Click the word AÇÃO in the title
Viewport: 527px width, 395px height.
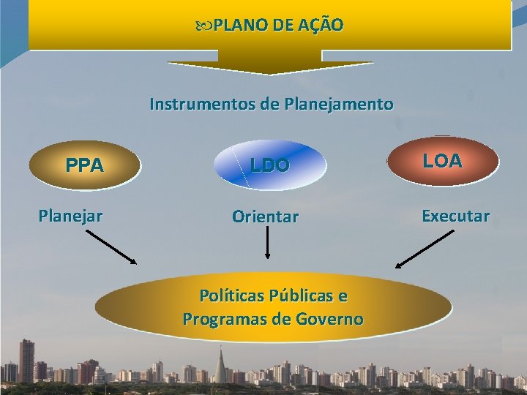[321, 26]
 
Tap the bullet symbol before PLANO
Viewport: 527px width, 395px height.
[203, 26]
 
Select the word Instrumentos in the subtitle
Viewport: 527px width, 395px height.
[202, 104]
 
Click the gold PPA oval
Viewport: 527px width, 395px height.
[84, 165]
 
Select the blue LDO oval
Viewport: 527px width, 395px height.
[270, 165]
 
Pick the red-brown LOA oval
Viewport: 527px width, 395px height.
[443, 161]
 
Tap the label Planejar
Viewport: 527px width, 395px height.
[70, 216]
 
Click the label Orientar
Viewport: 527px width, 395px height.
[265, 217]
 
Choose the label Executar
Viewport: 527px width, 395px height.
[455, 216]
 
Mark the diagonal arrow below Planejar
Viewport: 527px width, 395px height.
[111, 247]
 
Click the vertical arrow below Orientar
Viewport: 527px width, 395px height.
[267, 242]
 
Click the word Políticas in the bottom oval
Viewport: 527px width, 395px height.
[233, 296]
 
